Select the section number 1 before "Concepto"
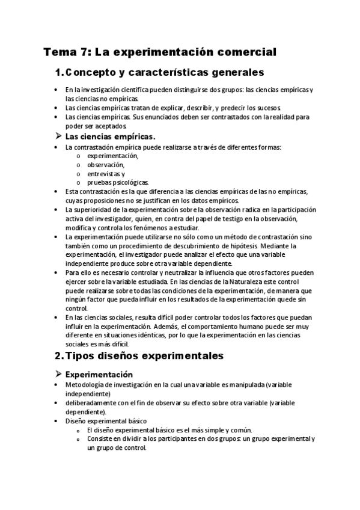pyautogui.click(x=58, y=73)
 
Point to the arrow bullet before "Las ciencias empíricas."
pyautogui.click(x=58, y=137)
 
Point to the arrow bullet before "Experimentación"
pyautogui.click(x=58, y=374)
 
